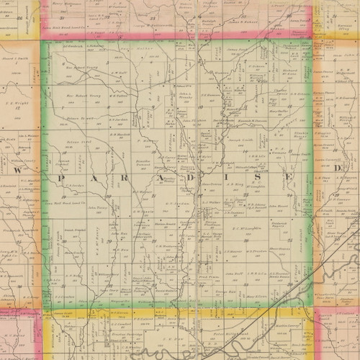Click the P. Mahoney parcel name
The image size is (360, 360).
coord(149,140)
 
